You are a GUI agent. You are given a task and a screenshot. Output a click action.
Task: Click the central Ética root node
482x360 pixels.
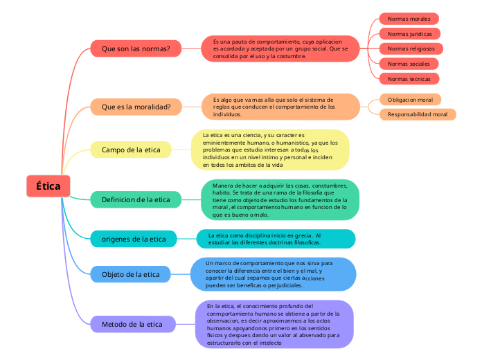48,186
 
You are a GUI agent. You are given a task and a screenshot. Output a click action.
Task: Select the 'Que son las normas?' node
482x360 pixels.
141,49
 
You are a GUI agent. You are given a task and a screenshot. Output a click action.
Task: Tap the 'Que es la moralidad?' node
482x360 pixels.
141,107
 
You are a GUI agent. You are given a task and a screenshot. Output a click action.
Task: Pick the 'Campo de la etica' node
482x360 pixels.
131,150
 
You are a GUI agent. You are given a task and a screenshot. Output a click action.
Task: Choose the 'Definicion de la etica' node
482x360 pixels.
136,199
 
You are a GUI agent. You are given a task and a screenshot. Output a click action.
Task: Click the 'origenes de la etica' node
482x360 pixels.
134,239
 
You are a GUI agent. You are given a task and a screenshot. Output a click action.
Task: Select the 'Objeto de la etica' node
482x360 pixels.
131,274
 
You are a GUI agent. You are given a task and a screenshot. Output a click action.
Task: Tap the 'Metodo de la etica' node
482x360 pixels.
132,323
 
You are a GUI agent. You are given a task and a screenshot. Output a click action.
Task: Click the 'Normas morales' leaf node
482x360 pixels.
409,19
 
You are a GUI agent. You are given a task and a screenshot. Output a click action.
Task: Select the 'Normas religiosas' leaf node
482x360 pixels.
411,48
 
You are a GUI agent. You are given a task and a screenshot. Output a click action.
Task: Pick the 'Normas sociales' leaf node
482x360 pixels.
409,64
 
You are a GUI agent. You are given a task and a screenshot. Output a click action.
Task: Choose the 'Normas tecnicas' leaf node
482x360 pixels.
409,79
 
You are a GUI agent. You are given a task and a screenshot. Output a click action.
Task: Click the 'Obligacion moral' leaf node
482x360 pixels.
410,100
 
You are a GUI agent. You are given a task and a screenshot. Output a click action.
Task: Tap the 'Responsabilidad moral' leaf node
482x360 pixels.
418,114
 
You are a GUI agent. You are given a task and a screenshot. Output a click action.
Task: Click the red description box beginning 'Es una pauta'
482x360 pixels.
280,48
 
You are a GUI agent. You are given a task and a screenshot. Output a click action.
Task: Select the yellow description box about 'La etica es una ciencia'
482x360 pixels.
270,150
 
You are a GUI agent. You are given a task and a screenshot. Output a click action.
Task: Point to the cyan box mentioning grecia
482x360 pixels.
276,239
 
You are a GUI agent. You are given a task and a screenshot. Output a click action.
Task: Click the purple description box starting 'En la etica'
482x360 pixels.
275,323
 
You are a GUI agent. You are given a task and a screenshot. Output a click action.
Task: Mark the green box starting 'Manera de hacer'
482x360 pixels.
280,199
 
